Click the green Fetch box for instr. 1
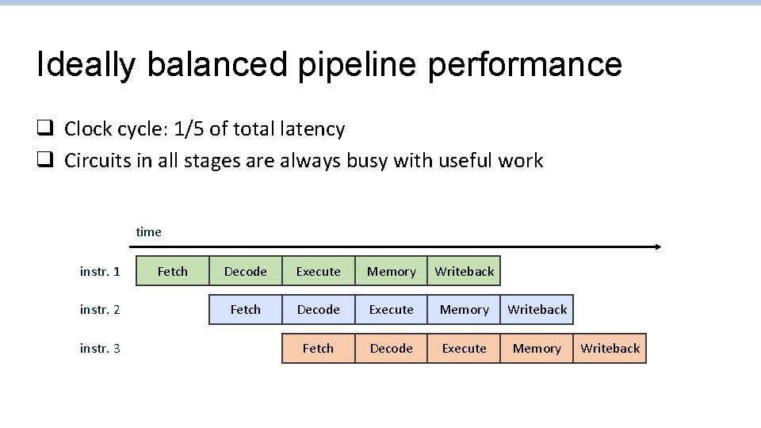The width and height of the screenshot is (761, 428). [x=172, y=271]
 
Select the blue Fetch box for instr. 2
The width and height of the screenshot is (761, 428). [x=245, y=309]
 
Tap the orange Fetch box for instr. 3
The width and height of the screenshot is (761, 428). [x=318, y=348]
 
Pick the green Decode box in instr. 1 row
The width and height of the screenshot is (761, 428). [x=245, y=271]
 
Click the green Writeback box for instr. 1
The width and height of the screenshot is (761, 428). [x=464, y=271]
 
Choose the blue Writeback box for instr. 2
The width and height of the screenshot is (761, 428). [x=537, y=309]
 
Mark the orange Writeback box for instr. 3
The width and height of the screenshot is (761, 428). [x=610, y=348]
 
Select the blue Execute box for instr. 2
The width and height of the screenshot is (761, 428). [x=391, y=309]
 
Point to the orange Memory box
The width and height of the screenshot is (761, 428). [x=537, y=348]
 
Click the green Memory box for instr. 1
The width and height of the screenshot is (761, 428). [x=391, y=271]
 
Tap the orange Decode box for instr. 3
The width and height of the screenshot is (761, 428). [x=391, y=348]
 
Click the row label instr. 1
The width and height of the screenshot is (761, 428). [x=100, y=272]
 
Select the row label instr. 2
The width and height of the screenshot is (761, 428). [x=100, y=310]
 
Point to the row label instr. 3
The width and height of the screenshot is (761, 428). [x=100, y=349]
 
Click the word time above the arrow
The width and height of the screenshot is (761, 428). [x=148, y=232]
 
